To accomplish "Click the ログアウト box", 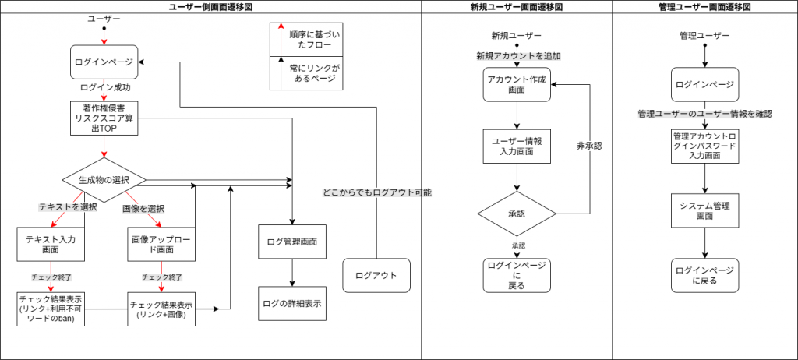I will [376, 275].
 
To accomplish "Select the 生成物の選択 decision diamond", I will [104, 180].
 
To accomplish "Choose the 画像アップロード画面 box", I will [161, 244].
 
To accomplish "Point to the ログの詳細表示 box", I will [292, 303].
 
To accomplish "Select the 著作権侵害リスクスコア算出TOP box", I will [104, 118].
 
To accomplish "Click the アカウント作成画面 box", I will [517, 83].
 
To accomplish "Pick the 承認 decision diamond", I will [517, 213].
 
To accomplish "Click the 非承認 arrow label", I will [589, 146].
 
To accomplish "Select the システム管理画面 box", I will [704, 211].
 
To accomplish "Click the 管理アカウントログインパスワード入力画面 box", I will [704, 146].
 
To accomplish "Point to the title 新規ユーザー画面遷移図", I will [517, 6].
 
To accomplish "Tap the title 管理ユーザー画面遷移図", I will [704, 6].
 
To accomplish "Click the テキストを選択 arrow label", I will [68, 207].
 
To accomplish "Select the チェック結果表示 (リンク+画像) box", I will [161, 309].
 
